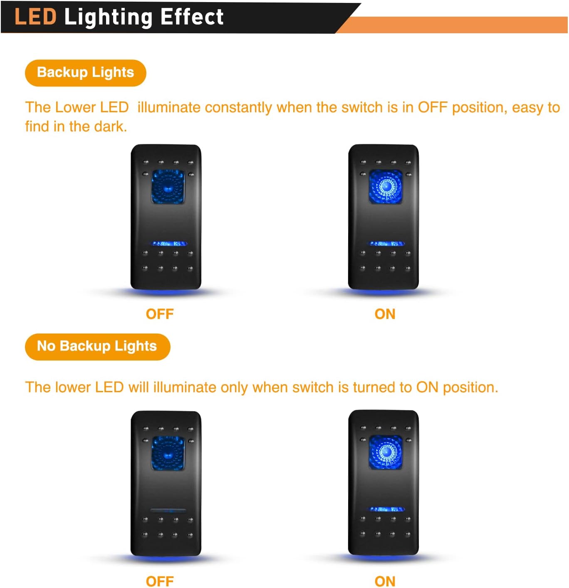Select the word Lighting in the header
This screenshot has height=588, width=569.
tap(108, 17)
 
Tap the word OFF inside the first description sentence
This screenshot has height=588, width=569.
tap(433, 108)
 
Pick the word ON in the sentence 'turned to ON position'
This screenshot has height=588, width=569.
tap(427, 388)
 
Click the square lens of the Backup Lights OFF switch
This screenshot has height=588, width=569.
tap(168, 186)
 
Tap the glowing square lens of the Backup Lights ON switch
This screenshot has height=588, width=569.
tap(386, 186)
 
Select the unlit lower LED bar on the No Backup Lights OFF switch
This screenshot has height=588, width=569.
tap(168, 511)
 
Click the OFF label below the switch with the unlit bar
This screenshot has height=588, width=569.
tap(160, 581)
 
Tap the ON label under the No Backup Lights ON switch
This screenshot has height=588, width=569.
tap(385, 581)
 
